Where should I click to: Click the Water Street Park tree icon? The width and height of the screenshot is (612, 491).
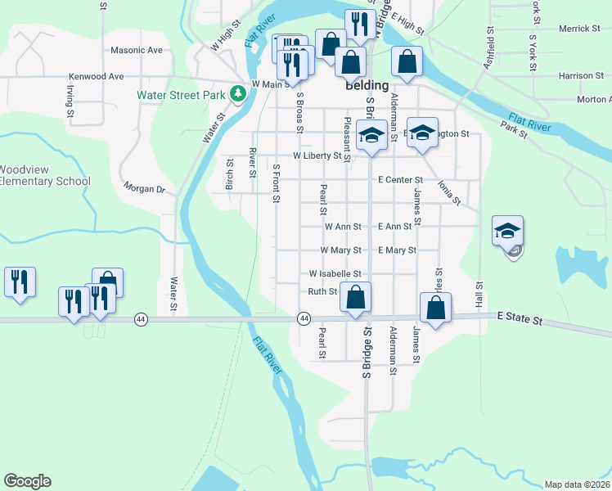tap(238, 95)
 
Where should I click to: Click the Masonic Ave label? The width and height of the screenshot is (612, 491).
tap(137, 50)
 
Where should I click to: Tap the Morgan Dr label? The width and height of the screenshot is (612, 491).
tap(144, 189)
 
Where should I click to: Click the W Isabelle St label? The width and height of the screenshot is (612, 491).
tap(335, 274)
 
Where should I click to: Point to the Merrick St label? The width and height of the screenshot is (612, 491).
tap(580, 29)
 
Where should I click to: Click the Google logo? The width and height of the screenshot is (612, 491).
tap(27, 481)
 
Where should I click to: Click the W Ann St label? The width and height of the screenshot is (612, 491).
tap(343, 227)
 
